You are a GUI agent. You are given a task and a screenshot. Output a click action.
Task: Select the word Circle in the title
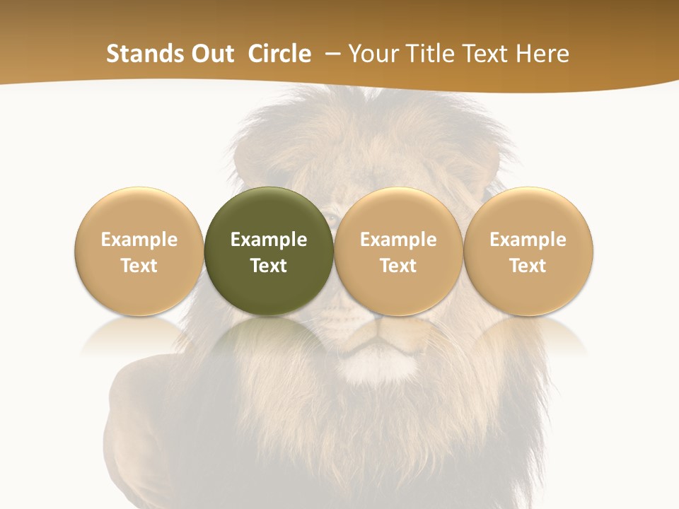279,54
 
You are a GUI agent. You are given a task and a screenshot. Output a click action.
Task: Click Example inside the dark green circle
269,240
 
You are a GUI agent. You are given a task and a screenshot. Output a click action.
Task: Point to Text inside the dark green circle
269,266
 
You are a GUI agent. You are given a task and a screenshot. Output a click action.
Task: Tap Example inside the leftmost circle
139,240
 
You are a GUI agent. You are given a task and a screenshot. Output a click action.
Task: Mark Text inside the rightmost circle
528,266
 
